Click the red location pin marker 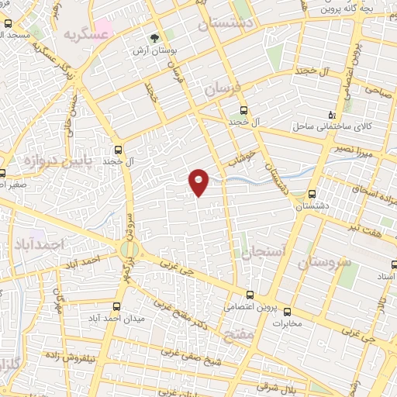click(198, 182)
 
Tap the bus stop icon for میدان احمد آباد click(116, 306)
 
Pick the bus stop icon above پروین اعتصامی click(249, 295)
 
